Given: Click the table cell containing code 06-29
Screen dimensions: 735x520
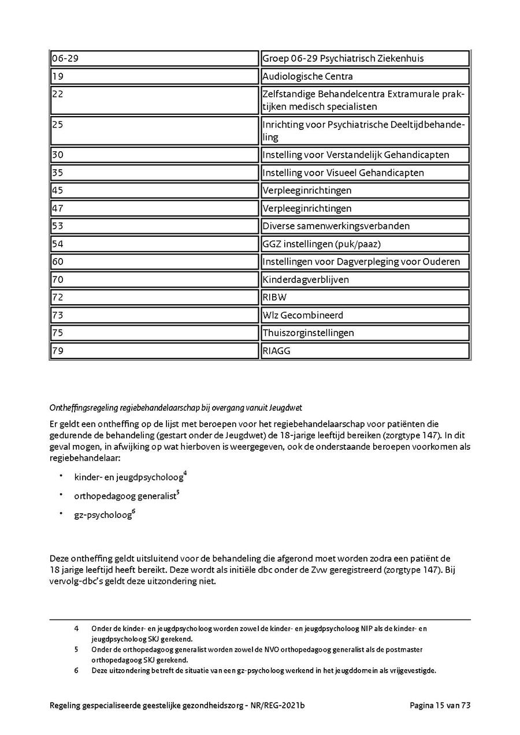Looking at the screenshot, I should pos(154,58).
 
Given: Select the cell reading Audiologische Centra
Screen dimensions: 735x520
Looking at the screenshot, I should pos(365,76).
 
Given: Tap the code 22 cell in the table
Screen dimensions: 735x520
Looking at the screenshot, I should pos(154,100).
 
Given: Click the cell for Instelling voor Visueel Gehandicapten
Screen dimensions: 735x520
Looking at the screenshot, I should pos(365,173).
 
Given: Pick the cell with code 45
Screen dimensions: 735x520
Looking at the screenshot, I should pos(154,191).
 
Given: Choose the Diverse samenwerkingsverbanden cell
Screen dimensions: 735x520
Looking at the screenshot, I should pos(365,226).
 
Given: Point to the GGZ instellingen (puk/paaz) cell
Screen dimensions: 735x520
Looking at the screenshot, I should pos(365,244).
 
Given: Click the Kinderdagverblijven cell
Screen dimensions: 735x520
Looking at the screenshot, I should pos(365,279).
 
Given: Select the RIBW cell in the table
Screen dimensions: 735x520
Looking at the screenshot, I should pos(365,297).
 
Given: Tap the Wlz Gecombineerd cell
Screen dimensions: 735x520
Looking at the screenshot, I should pos(365,315).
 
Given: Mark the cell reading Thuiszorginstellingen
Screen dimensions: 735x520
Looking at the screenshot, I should pos(365,333).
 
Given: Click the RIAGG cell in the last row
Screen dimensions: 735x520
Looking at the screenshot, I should pos(365,350).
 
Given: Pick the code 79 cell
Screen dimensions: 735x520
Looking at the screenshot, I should pos(154,350).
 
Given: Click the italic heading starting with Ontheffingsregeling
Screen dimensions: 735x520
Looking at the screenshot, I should pos(176,408).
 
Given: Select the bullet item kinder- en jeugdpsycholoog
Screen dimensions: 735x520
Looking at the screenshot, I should pos(129,477).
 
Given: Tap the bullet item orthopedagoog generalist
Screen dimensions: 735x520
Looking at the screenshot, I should pos(125,495).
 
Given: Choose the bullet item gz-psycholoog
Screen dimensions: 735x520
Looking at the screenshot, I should pos(103,515).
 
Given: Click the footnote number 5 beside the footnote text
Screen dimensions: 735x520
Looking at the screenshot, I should pos(76,650).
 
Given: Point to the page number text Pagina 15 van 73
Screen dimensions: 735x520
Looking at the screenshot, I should pos(440,705).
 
